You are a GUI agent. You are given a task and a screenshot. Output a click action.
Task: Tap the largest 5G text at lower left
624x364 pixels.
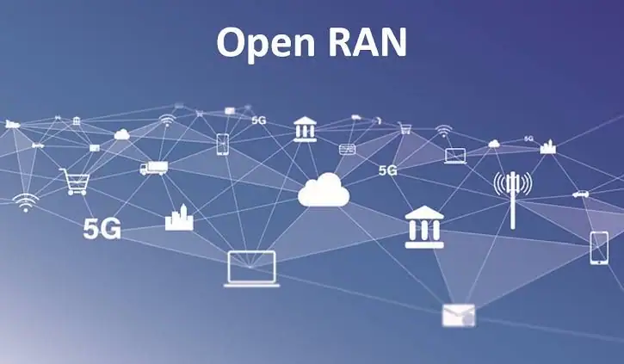point(102,228)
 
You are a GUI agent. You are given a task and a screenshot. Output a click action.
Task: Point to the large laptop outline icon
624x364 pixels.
point(252,268)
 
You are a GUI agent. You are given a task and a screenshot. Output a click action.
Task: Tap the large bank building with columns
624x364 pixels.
point(424,226)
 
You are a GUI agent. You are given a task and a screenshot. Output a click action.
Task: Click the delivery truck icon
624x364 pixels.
point(153,169)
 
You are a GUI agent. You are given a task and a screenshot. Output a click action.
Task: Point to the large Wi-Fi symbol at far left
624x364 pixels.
point(26,202)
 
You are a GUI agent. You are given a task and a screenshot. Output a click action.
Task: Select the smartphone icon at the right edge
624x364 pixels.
point(599,247)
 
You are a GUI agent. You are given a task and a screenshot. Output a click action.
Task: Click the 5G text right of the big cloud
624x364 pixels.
point(388,170)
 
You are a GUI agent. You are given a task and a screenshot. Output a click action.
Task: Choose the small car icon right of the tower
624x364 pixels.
point(580,194)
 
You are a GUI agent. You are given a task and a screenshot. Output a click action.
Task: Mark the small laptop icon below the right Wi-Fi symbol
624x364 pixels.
point(455,156)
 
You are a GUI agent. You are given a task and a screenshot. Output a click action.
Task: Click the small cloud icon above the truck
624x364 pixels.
point(121,133)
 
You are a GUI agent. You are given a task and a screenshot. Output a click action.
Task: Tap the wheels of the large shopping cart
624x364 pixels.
point(75,192)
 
